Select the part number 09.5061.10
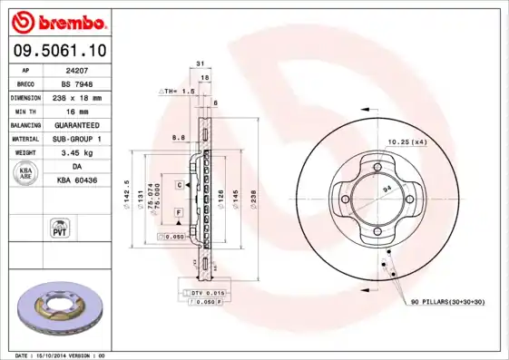coord(59,51)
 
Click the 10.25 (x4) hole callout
coord(407,142)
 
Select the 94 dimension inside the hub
coord(387,186)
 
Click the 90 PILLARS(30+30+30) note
coord(448,300)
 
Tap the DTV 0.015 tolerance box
coord(208,293)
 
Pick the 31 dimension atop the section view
coord(199,64)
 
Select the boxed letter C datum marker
coord(180,184)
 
